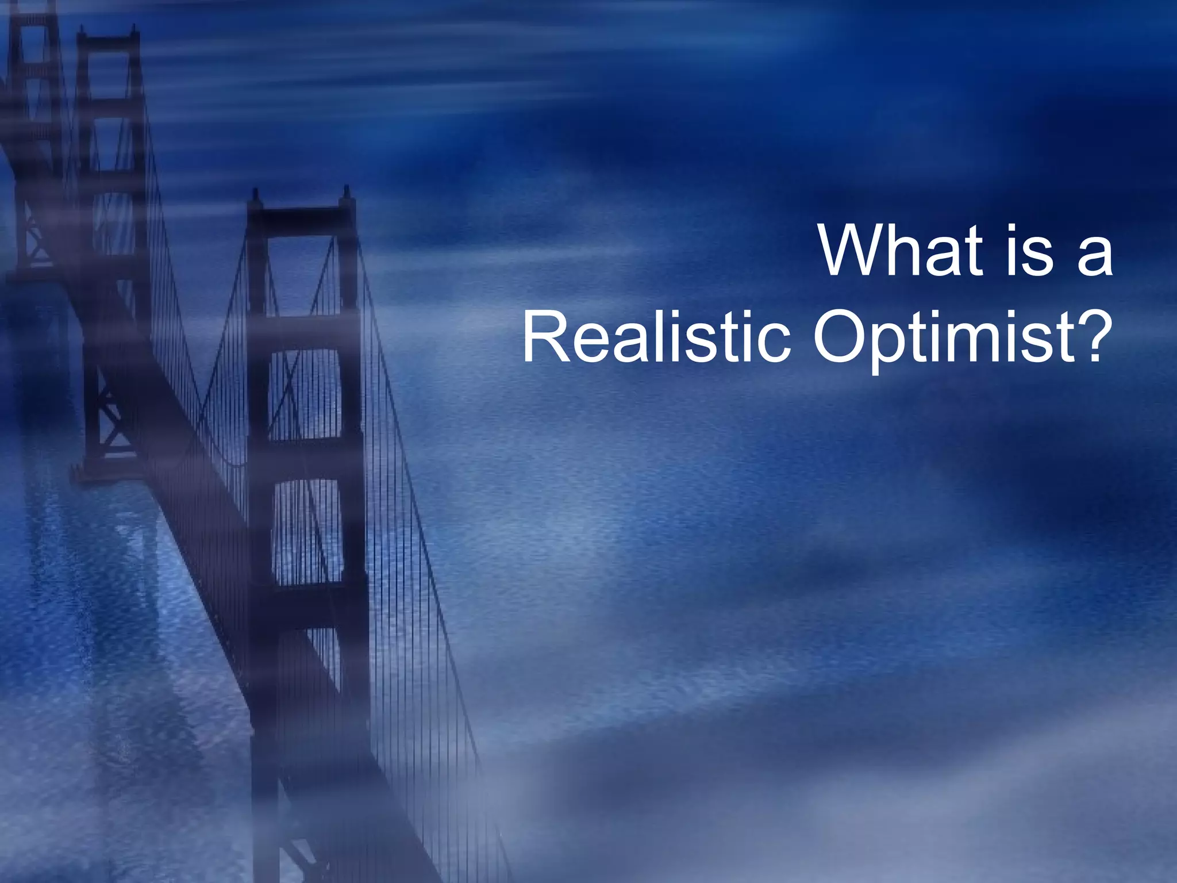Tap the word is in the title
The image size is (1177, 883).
pos(1029,251)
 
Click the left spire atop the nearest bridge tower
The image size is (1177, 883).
pos(255,195)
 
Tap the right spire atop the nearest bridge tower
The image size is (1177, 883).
pos(347,193)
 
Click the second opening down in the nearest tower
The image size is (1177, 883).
pos(305,394)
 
